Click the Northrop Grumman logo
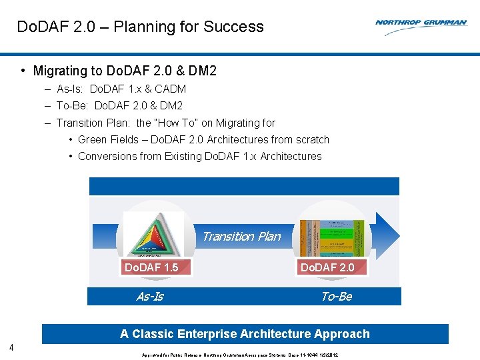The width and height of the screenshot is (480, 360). [421, 23]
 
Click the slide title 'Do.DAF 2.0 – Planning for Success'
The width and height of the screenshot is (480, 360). [141, 27]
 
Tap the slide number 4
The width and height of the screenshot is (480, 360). [11, 347]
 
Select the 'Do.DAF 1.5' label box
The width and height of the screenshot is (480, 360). [151, 267]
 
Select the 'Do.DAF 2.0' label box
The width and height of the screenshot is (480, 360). [327, 267]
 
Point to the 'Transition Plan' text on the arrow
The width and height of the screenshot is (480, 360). [241, 237]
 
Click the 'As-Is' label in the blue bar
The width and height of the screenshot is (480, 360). [149, 297]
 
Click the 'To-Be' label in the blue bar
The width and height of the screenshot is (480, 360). [336, 297]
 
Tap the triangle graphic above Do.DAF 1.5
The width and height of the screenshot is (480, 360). [155, 233]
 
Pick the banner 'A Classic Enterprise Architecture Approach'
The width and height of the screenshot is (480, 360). [245, 334]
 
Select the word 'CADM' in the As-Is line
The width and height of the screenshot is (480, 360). [170, 89]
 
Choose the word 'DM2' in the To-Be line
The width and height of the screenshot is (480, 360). [171, 105]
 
